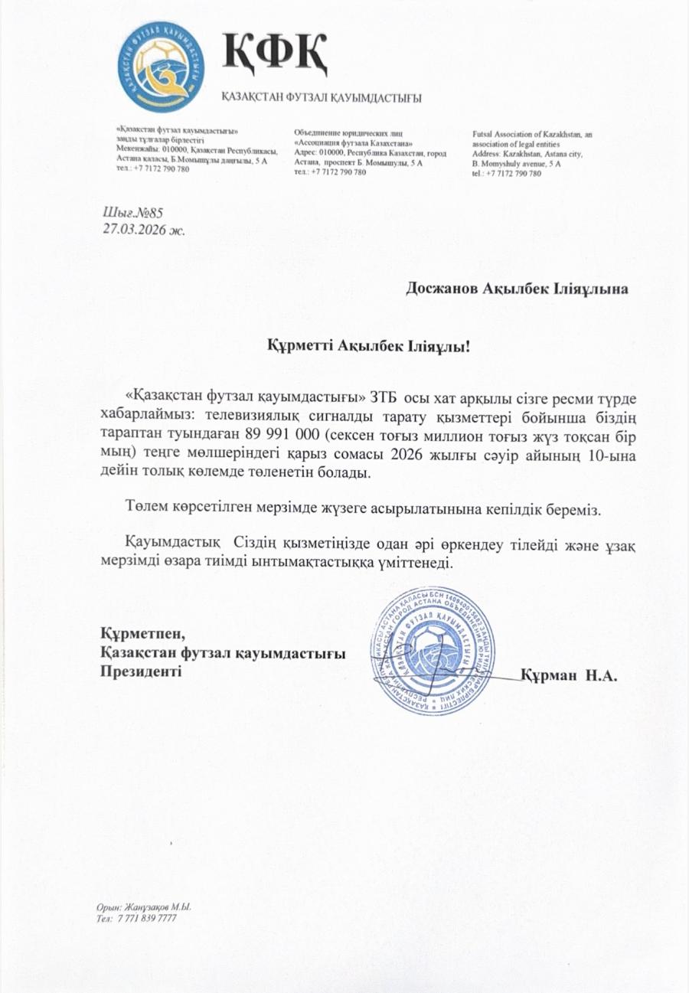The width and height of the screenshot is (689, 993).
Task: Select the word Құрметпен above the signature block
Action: pos(143,634)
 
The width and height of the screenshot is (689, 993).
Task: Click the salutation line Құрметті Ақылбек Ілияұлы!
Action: pos(367,347)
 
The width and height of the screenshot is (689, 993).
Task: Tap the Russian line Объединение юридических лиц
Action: pos(341,134)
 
